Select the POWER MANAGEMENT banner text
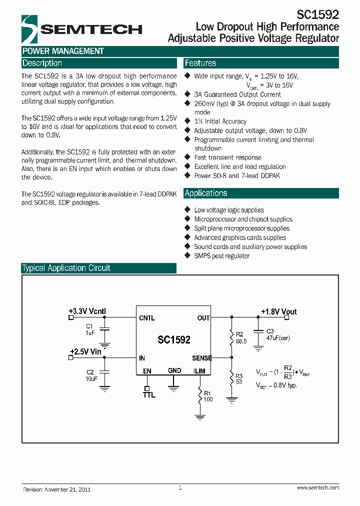tap(63, 51)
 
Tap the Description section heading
tap(42, 63)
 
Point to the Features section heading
tap(200, 63)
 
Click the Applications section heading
tap(206, 193)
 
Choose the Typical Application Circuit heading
tap(66, 268)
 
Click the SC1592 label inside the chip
tap(174, 339)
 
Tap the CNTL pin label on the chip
tap(147, 318)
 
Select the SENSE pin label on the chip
tap(202, 358)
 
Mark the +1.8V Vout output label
tap(278, 311)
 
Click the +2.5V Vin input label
tap(85, 351)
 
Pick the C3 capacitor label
tap(270, 331)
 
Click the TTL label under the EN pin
tap(149, 395)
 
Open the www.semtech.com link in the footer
tap(317, 487)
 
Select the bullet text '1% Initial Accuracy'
tap(220, 121)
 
